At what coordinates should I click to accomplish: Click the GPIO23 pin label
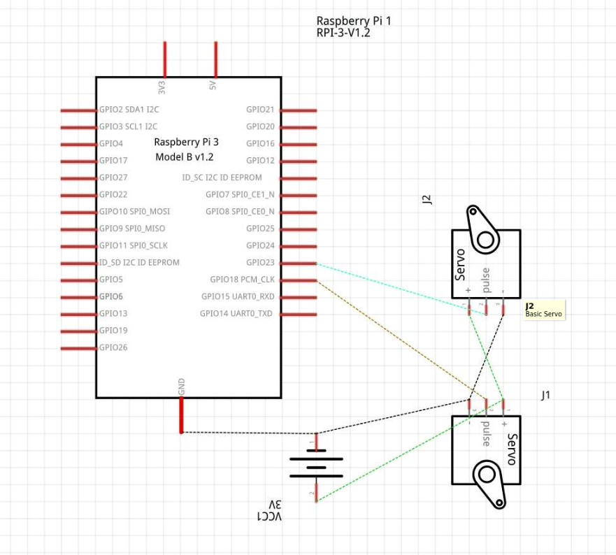coord(260,262)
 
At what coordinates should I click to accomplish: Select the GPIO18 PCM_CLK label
coord(242,280)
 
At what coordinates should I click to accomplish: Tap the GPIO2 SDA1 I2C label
coord(129,110)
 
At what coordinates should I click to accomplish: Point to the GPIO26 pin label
coord(113,347)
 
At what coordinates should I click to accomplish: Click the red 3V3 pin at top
coord(165,59)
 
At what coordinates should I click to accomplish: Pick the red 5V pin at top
coord(215,59)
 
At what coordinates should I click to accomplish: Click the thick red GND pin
coord(181,415)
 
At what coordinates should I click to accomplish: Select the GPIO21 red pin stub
coord(298,110)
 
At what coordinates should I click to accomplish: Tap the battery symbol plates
coord(316,468)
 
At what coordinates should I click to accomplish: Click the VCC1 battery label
coord(269,516)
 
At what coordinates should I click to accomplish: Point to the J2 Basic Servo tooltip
coord(544,310)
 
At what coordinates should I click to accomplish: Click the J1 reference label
coord(545,395)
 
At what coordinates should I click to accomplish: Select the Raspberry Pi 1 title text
coord(354,21)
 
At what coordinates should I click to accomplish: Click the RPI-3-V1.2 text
coord(343,33)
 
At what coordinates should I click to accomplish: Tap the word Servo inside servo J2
coord(459,264)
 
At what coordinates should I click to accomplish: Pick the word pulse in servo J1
coord(487,433)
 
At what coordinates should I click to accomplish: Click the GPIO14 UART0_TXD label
coord(236,313)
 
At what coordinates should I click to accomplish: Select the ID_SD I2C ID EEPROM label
coord(139,262)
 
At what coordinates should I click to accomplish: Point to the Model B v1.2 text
coord(185,157)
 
